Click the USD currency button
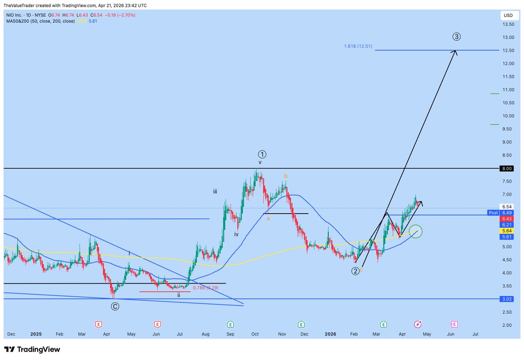(x=508, y=15)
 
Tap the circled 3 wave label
(x=456, y=37)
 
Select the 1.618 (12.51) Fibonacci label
(x=358, y=46)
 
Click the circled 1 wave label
(x=262, y=154)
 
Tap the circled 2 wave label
(x=355, y=271)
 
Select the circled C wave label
(x=115, y=306)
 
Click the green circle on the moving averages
(x=416, y=232)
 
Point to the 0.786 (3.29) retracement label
(x=206, y=288)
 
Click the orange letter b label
(x=286, y=176)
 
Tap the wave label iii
(x=216, y=191)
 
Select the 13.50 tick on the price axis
(x=508, y=24)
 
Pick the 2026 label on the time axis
(x=331, y=334)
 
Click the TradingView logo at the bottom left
(x=32, y=350)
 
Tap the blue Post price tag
(x=493, y=213)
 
